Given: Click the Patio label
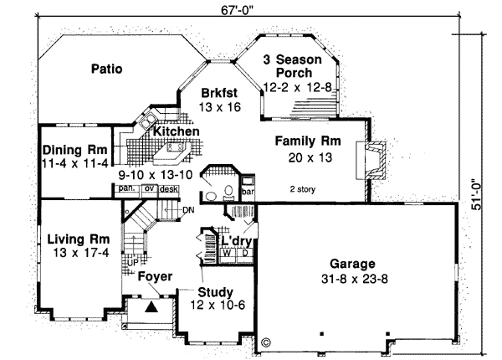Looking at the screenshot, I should pyautogui.click(x=107, y=69).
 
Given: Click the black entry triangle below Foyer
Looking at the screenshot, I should pyautogui.click(x=151, y=307).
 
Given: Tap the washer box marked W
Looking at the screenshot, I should pyautogui.click(x=227, y=251).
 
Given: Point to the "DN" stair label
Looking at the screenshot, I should pyautogui.click(x=188, y=209).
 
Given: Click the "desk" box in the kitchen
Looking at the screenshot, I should pyautogui.click(x=170, y=189).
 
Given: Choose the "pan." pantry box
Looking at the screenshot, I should pyautogui.click(x=127, y=189).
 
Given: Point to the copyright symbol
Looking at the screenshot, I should pyautogui.click(x=266, y=342).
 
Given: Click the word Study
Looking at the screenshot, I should pyautogui.click(x=214, y=292).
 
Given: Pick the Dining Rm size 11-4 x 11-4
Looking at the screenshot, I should pyautogui.click(x=75, y=163).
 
